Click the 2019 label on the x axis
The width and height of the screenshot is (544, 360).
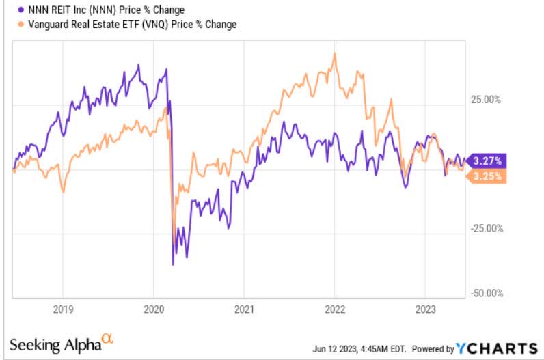pyautogui.click(x=62, y=308)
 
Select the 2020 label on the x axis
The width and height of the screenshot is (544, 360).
pyautogui.click(x=153, y=308)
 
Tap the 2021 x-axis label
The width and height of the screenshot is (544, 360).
pyautogui.click(x=244, y=308)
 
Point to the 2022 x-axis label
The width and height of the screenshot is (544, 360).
pyautogui.click(x=334, y=308)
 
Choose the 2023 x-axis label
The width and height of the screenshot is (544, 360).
pyautogui.click(x=425, y=308)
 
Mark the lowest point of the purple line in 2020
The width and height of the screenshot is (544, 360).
pyautogui.click(x=173, y=264)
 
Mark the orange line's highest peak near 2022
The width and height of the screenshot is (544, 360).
pyautogui.click(x=334, y=53)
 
